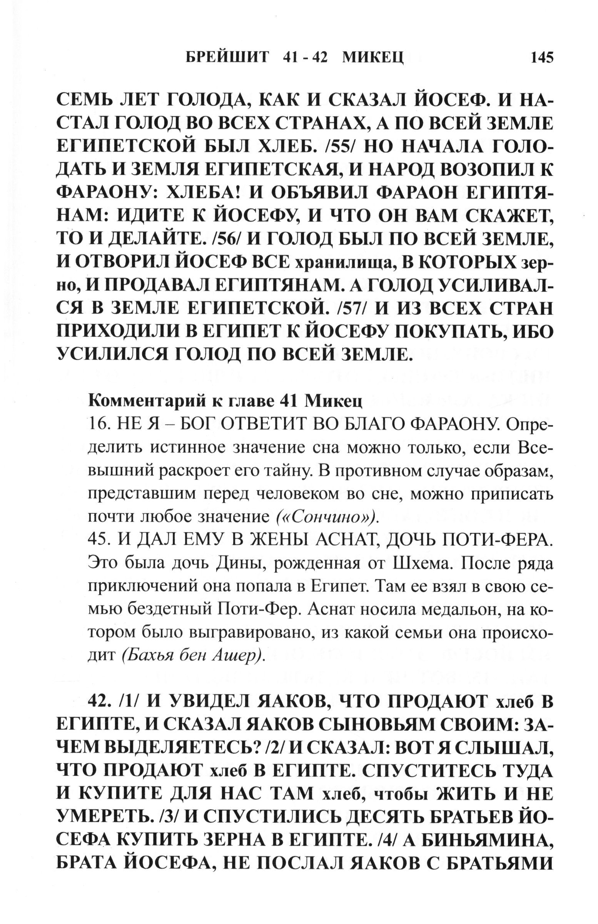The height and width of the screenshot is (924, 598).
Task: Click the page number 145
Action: click(538, 58)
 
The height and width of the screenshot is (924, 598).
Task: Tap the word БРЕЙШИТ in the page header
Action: click(227, 58)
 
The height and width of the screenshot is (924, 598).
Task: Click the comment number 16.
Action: click(100, 425)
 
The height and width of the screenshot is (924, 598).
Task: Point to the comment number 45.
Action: click(100, 540)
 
